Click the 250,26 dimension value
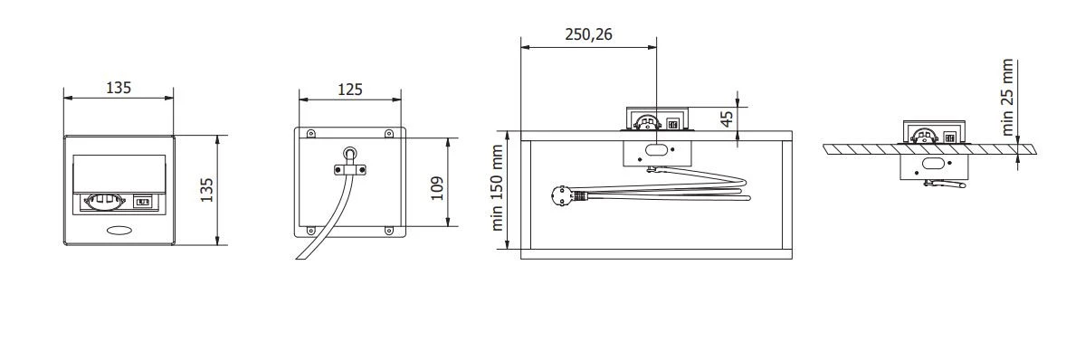588,35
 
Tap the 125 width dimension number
349,89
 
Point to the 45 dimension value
727,119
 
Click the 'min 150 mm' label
499,187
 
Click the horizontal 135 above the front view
119,88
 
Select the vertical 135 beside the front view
207,190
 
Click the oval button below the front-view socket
119,231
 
